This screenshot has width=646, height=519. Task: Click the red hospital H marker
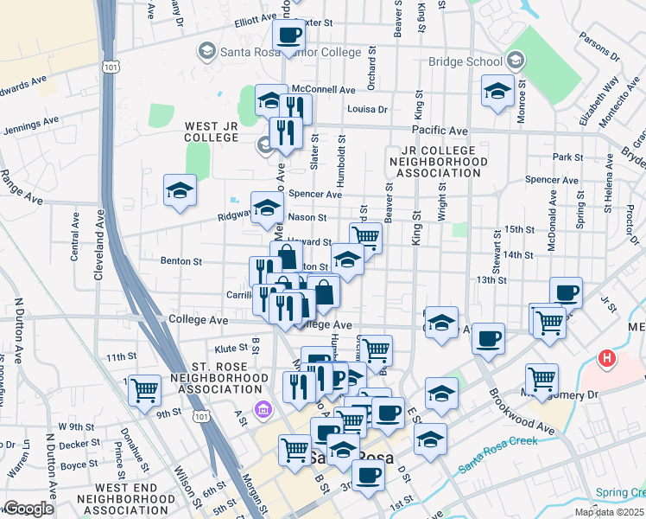point(608,357)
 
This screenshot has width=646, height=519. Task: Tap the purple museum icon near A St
point(258,407)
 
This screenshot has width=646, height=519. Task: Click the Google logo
point(28,509)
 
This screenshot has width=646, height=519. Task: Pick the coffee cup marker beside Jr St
point(566,292)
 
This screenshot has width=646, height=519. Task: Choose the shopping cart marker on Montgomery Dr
point(541,377)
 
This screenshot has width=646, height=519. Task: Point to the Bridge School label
point(465,61)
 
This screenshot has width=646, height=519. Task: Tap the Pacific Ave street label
point(440,131)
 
